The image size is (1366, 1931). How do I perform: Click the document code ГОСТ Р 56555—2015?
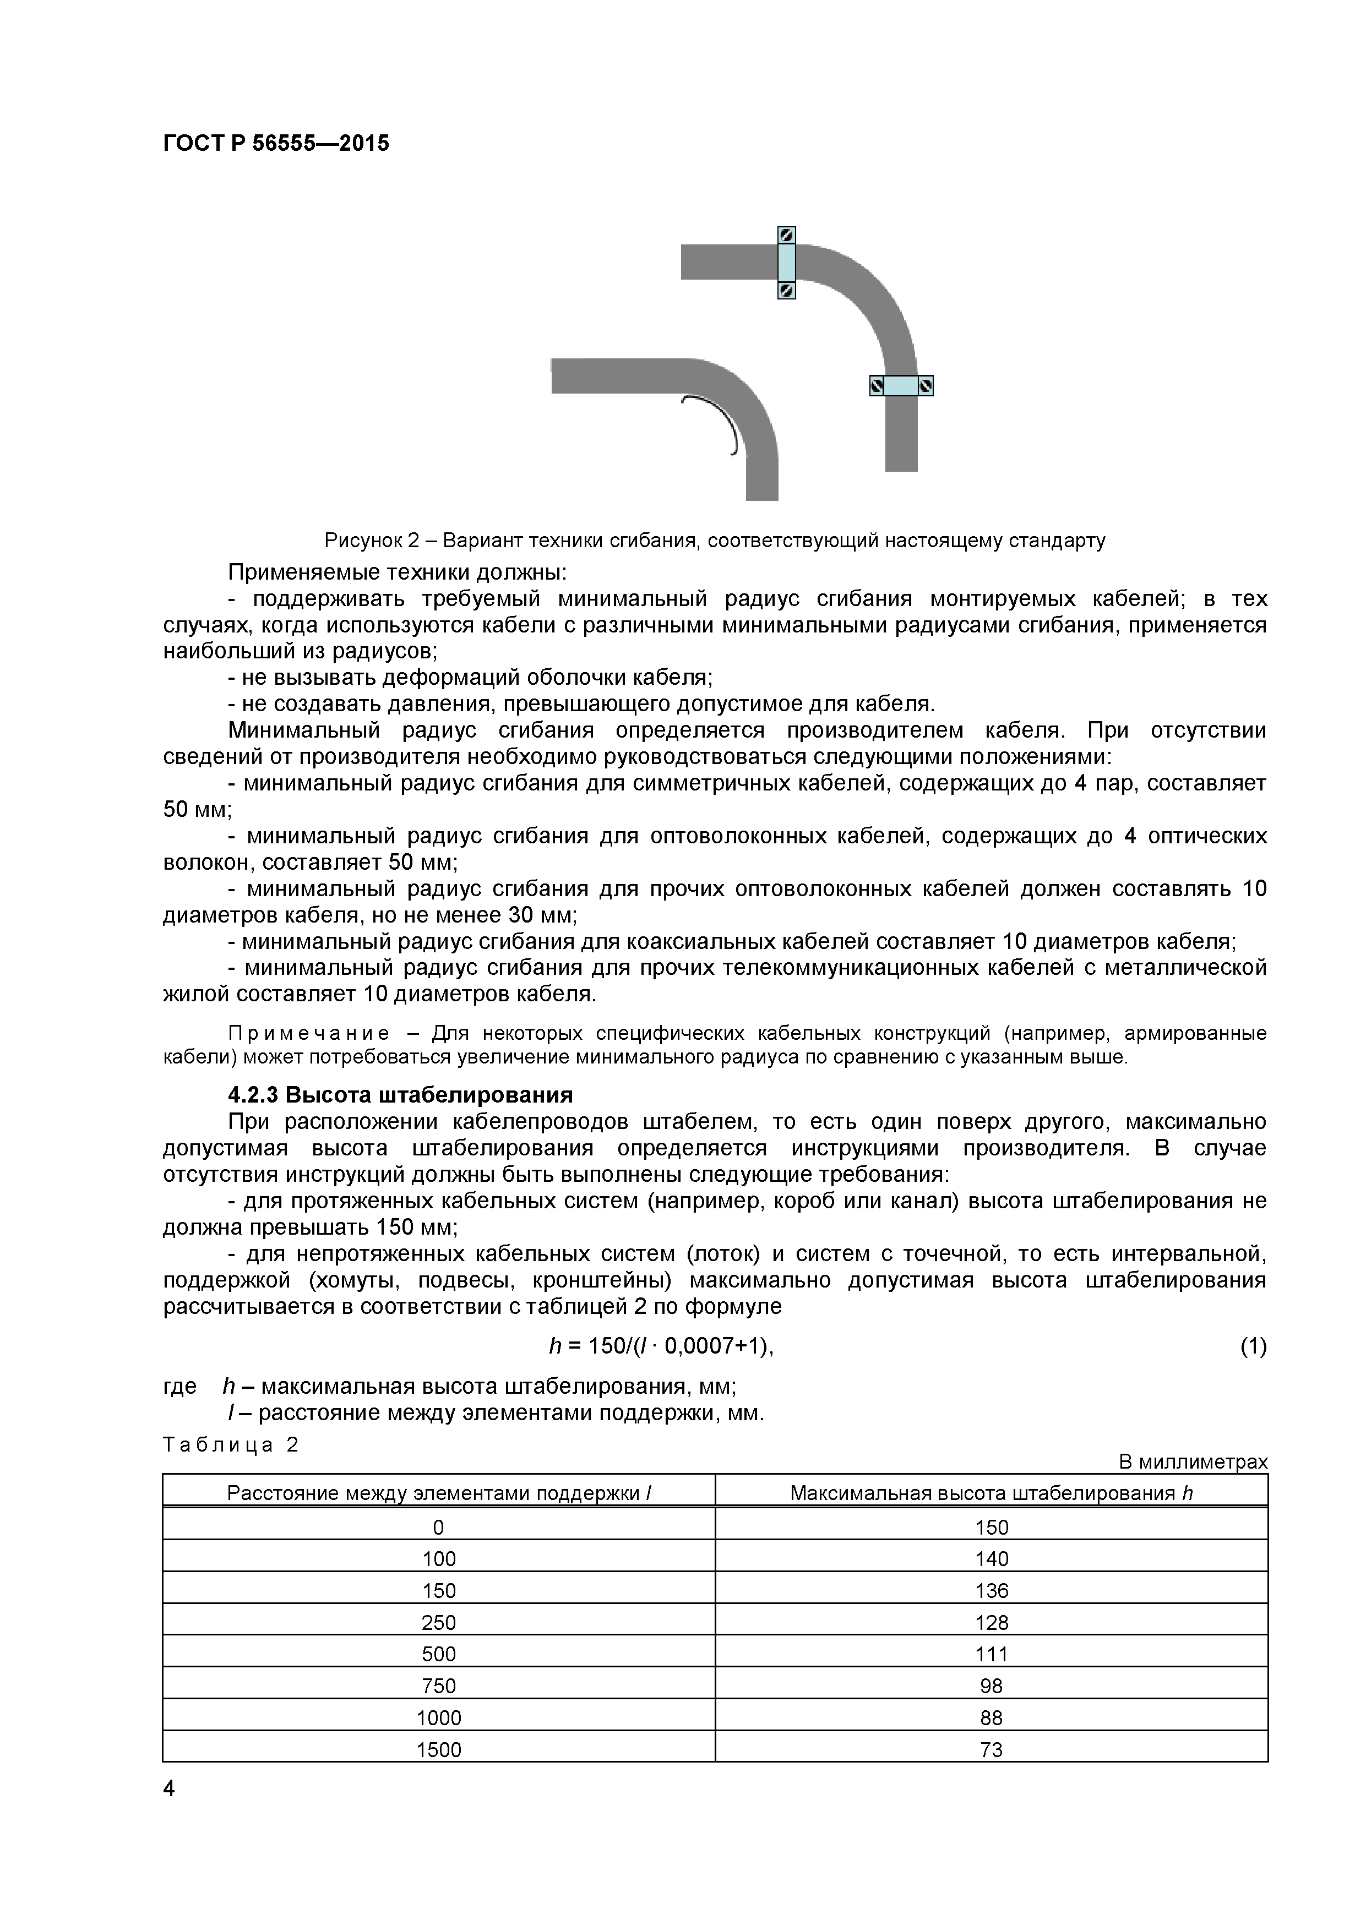276,143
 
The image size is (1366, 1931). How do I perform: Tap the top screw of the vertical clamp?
786,236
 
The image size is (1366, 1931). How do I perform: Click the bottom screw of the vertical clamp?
786,290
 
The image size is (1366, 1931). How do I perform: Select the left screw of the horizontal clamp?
877,386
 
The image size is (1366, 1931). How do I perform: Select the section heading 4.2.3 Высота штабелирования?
400,1095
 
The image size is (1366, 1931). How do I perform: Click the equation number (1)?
1253,1346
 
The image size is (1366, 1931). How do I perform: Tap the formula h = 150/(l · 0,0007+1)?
661,1346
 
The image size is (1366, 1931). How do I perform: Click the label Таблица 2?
231,1445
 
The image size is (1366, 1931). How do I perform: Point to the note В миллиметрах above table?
1193,1463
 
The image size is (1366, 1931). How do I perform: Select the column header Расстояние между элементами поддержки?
439,1493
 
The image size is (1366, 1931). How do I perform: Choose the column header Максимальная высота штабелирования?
991,1493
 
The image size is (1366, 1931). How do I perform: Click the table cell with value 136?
992,1590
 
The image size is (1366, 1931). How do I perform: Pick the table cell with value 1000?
439,1717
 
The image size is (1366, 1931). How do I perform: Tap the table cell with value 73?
992,1749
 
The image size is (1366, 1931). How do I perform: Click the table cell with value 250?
439,1622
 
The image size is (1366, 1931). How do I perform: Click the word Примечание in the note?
309,1033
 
